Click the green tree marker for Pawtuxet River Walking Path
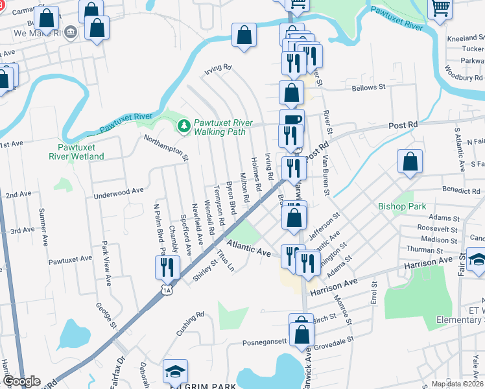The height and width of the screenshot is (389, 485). point(185,124)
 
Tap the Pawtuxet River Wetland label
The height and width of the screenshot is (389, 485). point(77,151)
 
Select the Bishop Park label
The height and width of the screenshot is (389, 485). point(402,207)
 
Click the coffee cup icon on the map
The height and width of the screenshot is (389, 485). point(292,119)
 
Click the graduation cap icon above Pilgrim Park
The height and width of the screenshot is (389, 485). point(175,370)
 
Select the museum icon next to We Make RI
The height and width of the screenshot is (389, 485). point(71,32)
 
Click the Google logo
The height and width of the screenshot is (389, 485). point(21,381)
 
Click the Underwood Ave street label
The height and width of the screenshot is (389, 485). point(118,191)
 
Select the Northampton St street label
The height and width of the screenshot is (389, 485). point(166,147)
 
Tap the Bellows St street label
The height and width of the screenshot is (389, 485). point(368,87)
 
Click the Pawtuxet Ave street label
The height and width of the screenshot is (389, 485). point(70,258)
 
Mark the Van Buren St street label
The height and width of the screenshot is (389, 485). point(325,176)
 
